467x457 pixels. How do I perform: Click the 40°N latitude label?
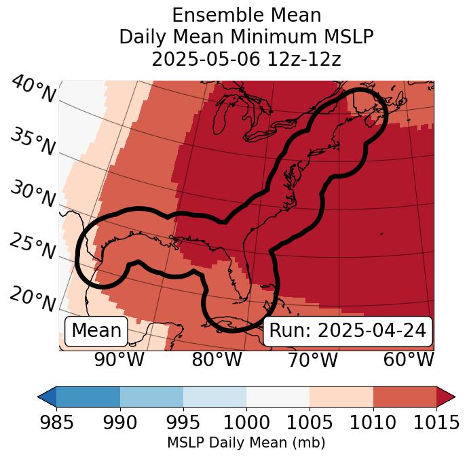tap(33, 90)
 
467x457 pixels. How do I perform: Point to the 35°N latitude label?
tap(33, 142)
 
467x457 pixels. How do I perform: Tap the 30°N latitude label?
tap(33, 195)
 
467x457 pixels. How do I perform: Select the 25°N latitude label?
tap(33, 247)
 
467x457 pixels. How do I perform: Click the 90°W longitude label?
tap(119, 359)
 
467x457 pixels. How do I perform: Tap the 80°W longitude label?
tap(217, 359)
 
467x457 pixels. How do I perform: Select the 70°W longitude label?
tap(312, 359)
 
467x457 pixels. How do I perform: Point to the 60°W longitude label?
tap(409, 359)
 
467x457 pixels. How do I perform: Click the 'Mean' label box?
tap(96, 331)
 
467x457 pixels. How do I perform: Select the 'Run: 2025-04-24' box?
tap(348, 331)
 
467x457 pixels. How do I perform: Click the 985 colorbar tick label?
tap(56, 423)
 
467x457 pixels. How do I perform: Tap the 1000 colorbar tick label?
tap(246, 423)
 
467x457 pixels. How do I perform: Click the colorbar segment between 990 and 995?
tap(151, 397)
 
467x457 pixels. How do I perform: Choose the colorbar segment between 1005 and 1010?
tap(341, 397)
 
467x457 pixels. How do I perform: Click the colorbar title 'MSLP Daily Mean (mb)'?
tap(246, 443)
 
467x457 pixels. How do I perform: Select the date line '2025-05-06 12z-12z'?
tap(246, 59)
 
